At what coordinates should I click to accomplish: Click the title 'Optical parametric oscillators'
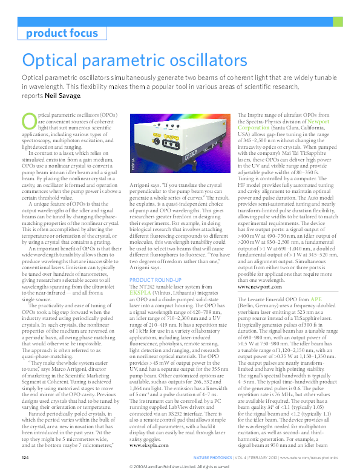coord(134,60)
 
